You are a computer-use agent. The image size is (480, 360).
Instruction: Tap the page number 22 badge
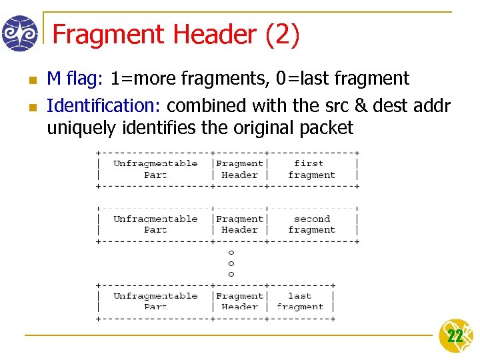coord(455,336)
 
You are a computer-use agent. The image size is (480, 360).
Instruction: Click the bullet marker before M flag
coord(31,80)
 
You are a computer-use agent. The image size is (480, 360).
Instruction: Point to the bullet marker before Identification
coord(31,107)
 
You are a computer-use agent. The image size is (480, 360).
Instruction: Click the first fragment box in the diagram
coord(311,169)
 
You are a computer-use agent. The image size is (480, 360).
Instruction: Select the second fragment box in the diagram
coord(311,224)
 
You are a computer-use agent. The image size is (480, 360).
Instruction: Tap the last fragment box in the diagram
coord(299,301)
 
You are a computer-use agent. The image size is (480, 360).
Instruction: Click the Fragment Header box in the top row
coord(239,169)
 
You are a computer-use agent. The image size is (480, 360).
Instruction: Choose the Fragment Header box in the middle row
coord(239,224)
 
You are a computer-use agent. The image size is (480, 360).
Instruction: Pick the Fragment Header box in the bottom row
coord(239,301)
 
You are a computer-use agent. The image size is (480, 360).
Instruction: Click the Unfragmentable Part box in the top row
coord(155,169)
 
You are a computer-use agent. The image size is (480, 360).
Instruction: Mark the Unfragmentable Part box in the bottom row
coord(155,301)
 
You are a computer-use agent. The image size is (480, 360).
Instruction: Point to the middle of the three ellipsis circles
coord(231,263)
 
